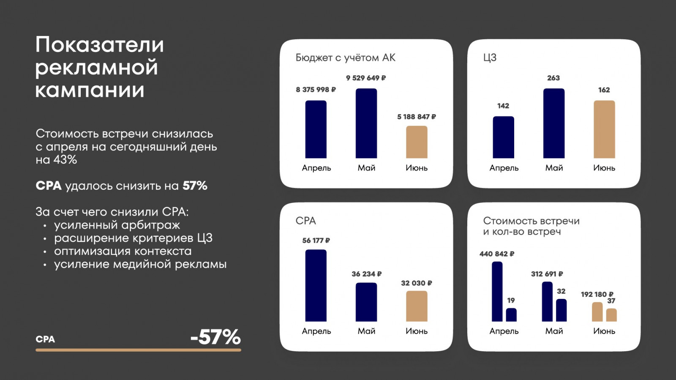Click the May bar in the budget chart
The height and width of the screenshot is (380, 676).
tap(366, 123)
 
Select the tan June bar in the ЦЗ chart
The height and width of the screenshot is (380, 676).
tap(604, 129)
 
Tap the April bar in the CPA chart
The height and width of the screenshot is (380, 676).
tap(316, 285)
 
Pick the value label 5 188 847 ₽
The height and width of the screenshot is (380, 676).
tap(416, 117)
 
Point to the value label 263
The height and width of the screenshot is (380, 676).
tap(553, 78)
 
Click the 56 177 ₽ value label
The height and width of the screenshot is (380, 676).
tap(316, 241)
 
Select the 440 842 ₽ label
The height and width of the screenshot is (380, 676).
tap(497, 254)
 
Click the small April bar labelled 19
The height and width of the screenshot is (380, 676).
tap(511, 314)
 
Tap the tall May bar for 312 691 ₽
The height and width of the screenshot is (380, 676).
tap(547, 301)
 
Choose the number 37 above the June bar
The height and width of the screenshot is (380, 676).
tap(611, 301)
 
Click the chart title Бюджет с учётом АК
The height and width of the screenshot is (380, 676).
tap(345, 58)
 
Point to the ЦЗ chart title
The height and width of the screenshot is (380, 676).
tap(490, 58)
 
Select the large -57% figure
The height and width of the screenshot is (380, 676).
tap(215, 337)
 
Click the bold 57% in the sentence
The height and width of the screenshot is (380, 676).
tap(195, 186)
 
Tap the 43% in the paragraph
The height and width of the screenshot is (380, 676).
tap(65, 160)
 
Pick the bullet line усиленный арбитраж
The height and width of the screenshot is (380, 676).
tap(117, 225)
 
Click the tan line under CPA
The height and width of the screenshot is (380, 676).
tap(138, 350)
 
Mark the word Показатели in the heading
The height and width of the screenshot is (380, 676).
tap(100, 45)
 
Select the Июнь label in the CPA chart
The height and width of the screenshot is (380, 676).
tap(417, 331)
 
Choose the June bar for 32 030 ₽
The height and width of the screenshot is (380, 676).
tap(417, 306)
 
